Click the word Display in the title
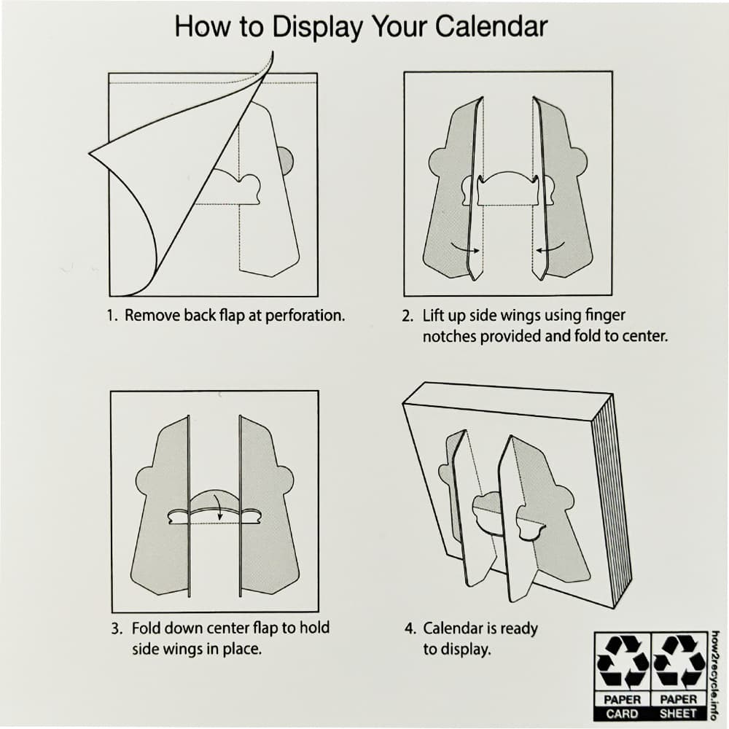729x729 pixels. click(317, 27)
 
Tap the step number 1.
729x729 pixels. click(111, 316)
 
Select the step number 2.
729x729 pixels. click(407, 316)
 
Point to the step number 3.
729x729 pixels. click(116, 628)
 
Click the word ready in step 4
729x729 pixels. click(518, 628)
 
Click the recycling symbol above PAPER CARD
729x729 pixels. click(623, 663)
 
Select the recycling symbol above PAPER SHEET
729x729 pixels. click(679, 663)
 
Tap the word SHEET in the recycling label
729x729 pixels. click(679, 714)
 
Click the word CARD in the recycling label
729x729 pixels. click(623, 714)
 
